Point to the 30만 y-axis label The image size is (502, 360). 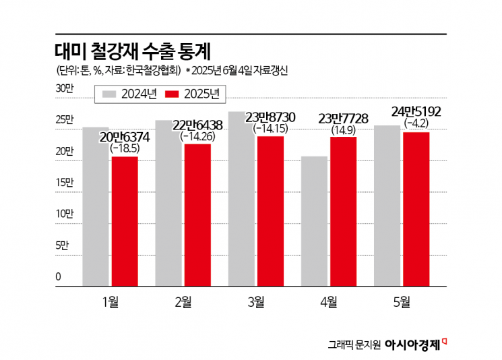click(x=63, y=89)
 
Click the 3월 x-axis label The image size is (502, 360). click(x=256, y=303)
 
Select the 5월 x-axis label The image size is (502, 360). click(x=402, y=303)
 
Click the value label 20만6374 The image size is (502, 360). click(x=125, y=138)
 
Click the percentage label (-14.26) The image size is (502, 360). click(x=198, y=137)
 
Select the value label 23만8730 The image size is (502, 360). click(x=271, y=117)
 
